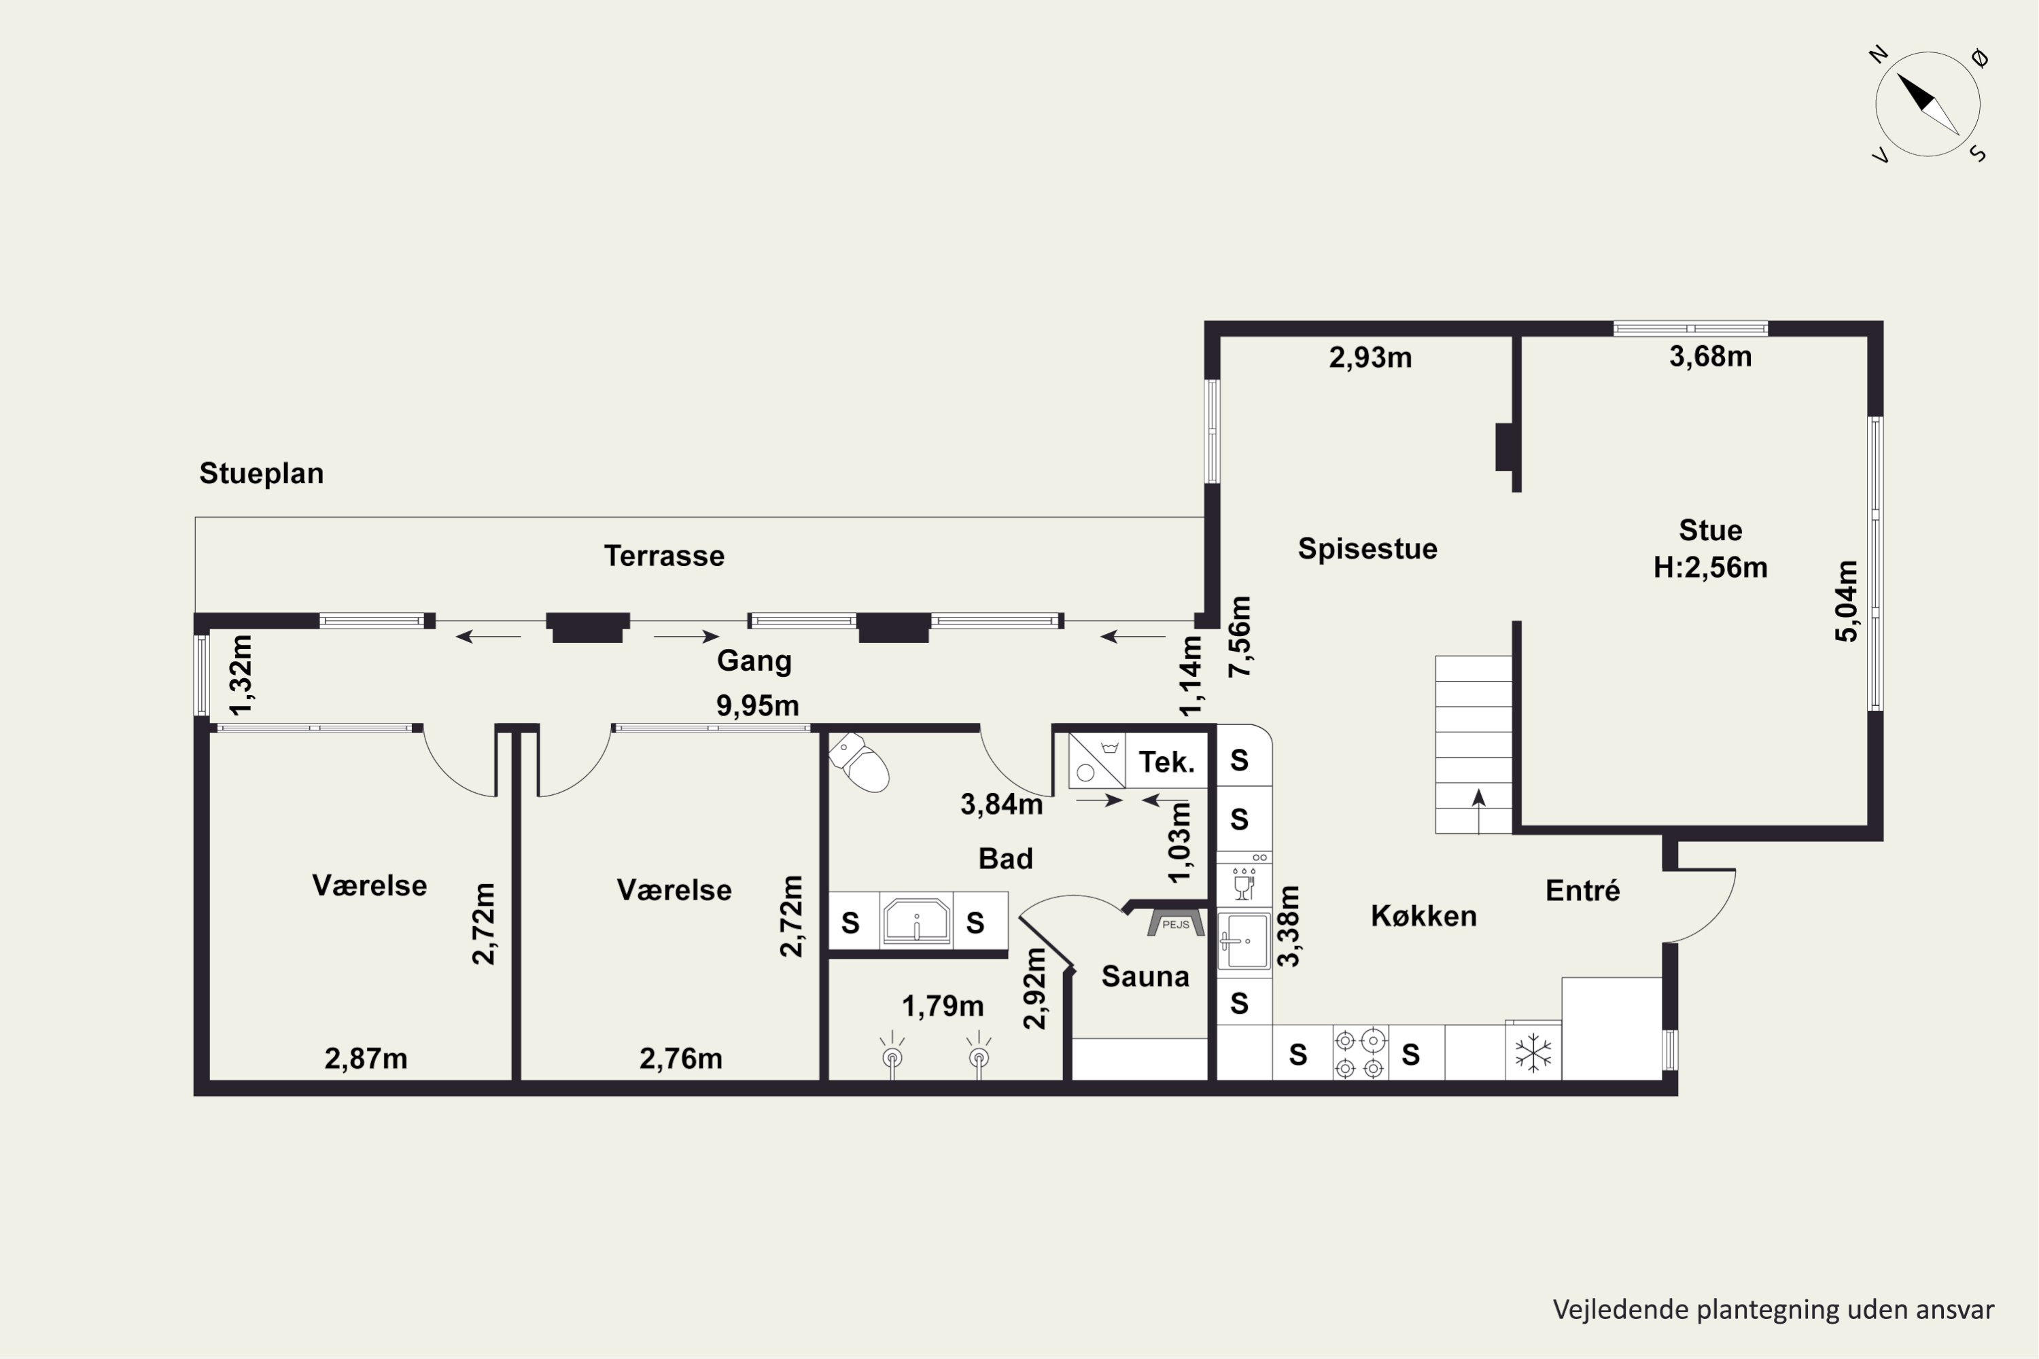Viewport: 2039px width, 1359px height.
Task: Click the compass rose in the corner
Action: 1928,104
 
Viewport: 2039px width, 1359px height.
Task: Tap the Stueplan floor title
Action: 261,473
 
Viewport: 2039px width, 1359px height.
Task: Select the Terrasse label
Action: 664,556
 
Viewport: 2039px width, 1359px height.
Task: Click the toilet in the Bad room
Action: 859,762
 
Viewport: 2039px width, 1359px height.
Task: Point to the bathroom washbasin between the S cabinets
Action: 916,921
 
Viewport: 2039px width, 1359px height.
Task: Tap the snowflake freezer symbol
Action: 1533,1053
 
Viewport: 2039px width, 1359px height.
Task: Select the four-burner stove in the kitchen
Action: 1359,1053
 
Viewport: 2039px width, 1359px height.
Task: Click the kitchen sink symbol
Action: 1244,940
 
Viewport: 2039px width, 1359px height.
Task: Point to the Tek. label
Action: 1166,762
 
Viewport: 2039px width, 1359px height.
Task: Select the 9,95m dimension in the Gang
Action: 757,705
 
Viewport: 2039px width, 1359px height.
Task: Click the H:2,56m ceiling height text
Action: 1709,567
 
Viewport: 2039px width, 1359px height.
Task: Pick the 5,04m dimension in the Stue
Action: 1847,601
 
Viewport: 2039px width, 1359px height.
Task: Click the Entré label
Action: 1582,890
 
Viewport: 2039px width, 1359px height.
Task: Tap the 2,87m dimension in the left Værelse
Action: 366,1058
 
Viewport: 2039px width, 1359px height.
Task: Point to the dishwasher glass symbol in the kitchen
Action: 1244,884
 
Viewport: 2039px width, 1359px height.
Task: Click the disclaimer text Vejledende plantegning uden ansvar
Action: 1773,1309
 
